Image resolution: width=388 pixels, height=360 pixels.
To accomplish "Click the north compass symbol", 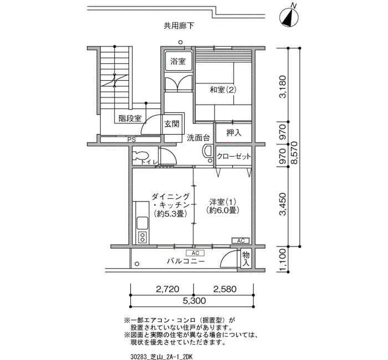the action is click(x=289, y=16).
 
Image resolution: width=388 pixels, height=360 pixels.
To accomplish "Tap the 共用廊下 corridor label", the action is click(x=179, y=25).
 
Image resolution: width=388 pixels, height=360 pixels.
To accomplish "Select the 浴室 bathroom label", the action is click(x=178, y=61).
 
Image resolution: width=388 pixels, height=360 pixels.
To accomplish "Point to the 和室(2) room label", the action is click(x=223, y=90).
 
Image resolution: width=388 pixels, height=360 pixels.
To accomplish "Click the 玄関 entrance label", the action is click(x=172, y=124).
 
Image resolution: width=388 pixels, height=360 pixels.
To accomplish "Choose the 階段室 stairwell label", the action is click(x=130, y=119).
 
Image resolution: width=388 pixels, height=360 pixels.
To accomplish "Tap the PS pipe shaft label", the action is click(x=132, y=140).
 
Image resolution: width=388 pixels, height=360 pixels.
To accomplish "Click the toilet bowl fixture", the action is click(x=140, y=156).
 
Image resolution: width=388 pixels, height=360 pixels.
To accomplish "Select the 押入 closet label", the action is click(x=234, y=133).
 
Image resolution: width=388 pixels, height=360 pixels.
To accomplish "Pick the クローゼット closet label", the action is click(x=234, y=157).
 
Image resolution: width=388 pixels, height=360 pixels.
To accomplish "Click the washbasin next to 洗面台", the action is click(x=207, y=151).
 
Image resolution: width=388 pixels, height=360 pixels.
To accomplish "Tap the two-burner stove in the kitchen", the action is click(x=142, y=238).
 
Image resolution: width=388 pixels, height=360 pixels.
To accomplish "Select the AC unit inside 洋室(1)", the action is click(x=241, y=240).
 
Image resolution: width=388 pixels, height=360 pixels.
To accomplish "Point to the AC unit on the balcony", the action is click(x=195, y=253).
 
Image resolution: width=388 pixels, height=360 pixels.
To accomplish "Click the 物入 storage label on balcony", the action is click(x=246, y=259).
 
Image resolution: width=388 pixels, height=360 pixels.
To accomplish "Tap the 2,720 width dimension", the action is click(x=167, y=289).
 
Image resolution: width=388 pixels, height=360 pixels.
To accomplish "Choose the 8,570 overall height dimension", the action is click(x=294, y=152).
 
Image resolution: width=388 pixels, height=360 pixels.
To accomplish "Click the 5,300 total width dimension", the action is click(x=194, y=301).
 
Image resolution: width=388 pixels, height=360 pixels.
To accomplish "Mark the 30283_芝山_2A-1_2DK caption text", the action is click(x=161, y=357).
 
